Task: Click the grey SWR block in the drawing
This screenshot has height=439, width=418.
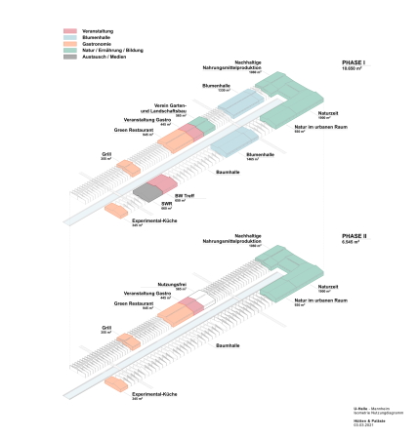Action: [x=146, y=191]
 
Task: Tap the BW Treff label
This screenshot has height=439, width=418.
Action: [x=184, y=195]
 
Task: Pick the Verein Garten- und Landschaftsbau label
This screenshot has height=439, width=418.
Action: [x=171, y=107]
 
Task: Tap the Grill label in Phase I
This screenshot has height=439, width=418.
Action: [x=106, y=153]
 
